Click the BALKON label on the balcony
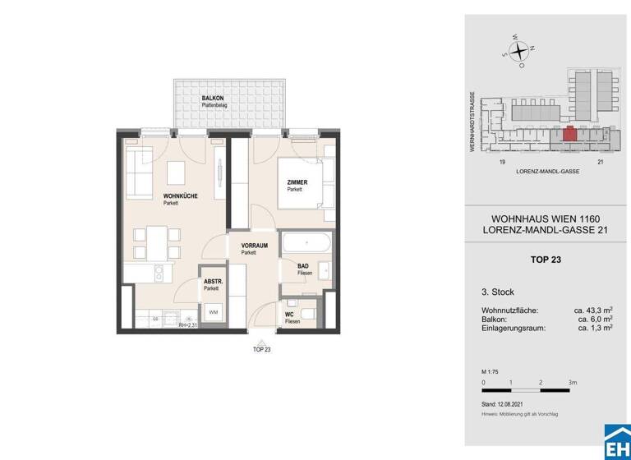pyautogui.click(x=214, y=99)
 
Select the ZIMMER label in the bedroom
pyautogui.click(x=297, y=182)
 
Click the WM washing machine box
pyautogui.click(x=213, y=312)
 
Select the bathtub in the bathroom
pyautogui.click(x=306, y=243)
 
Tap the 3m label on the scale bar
pyautogui.click(x=573, y=382)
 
